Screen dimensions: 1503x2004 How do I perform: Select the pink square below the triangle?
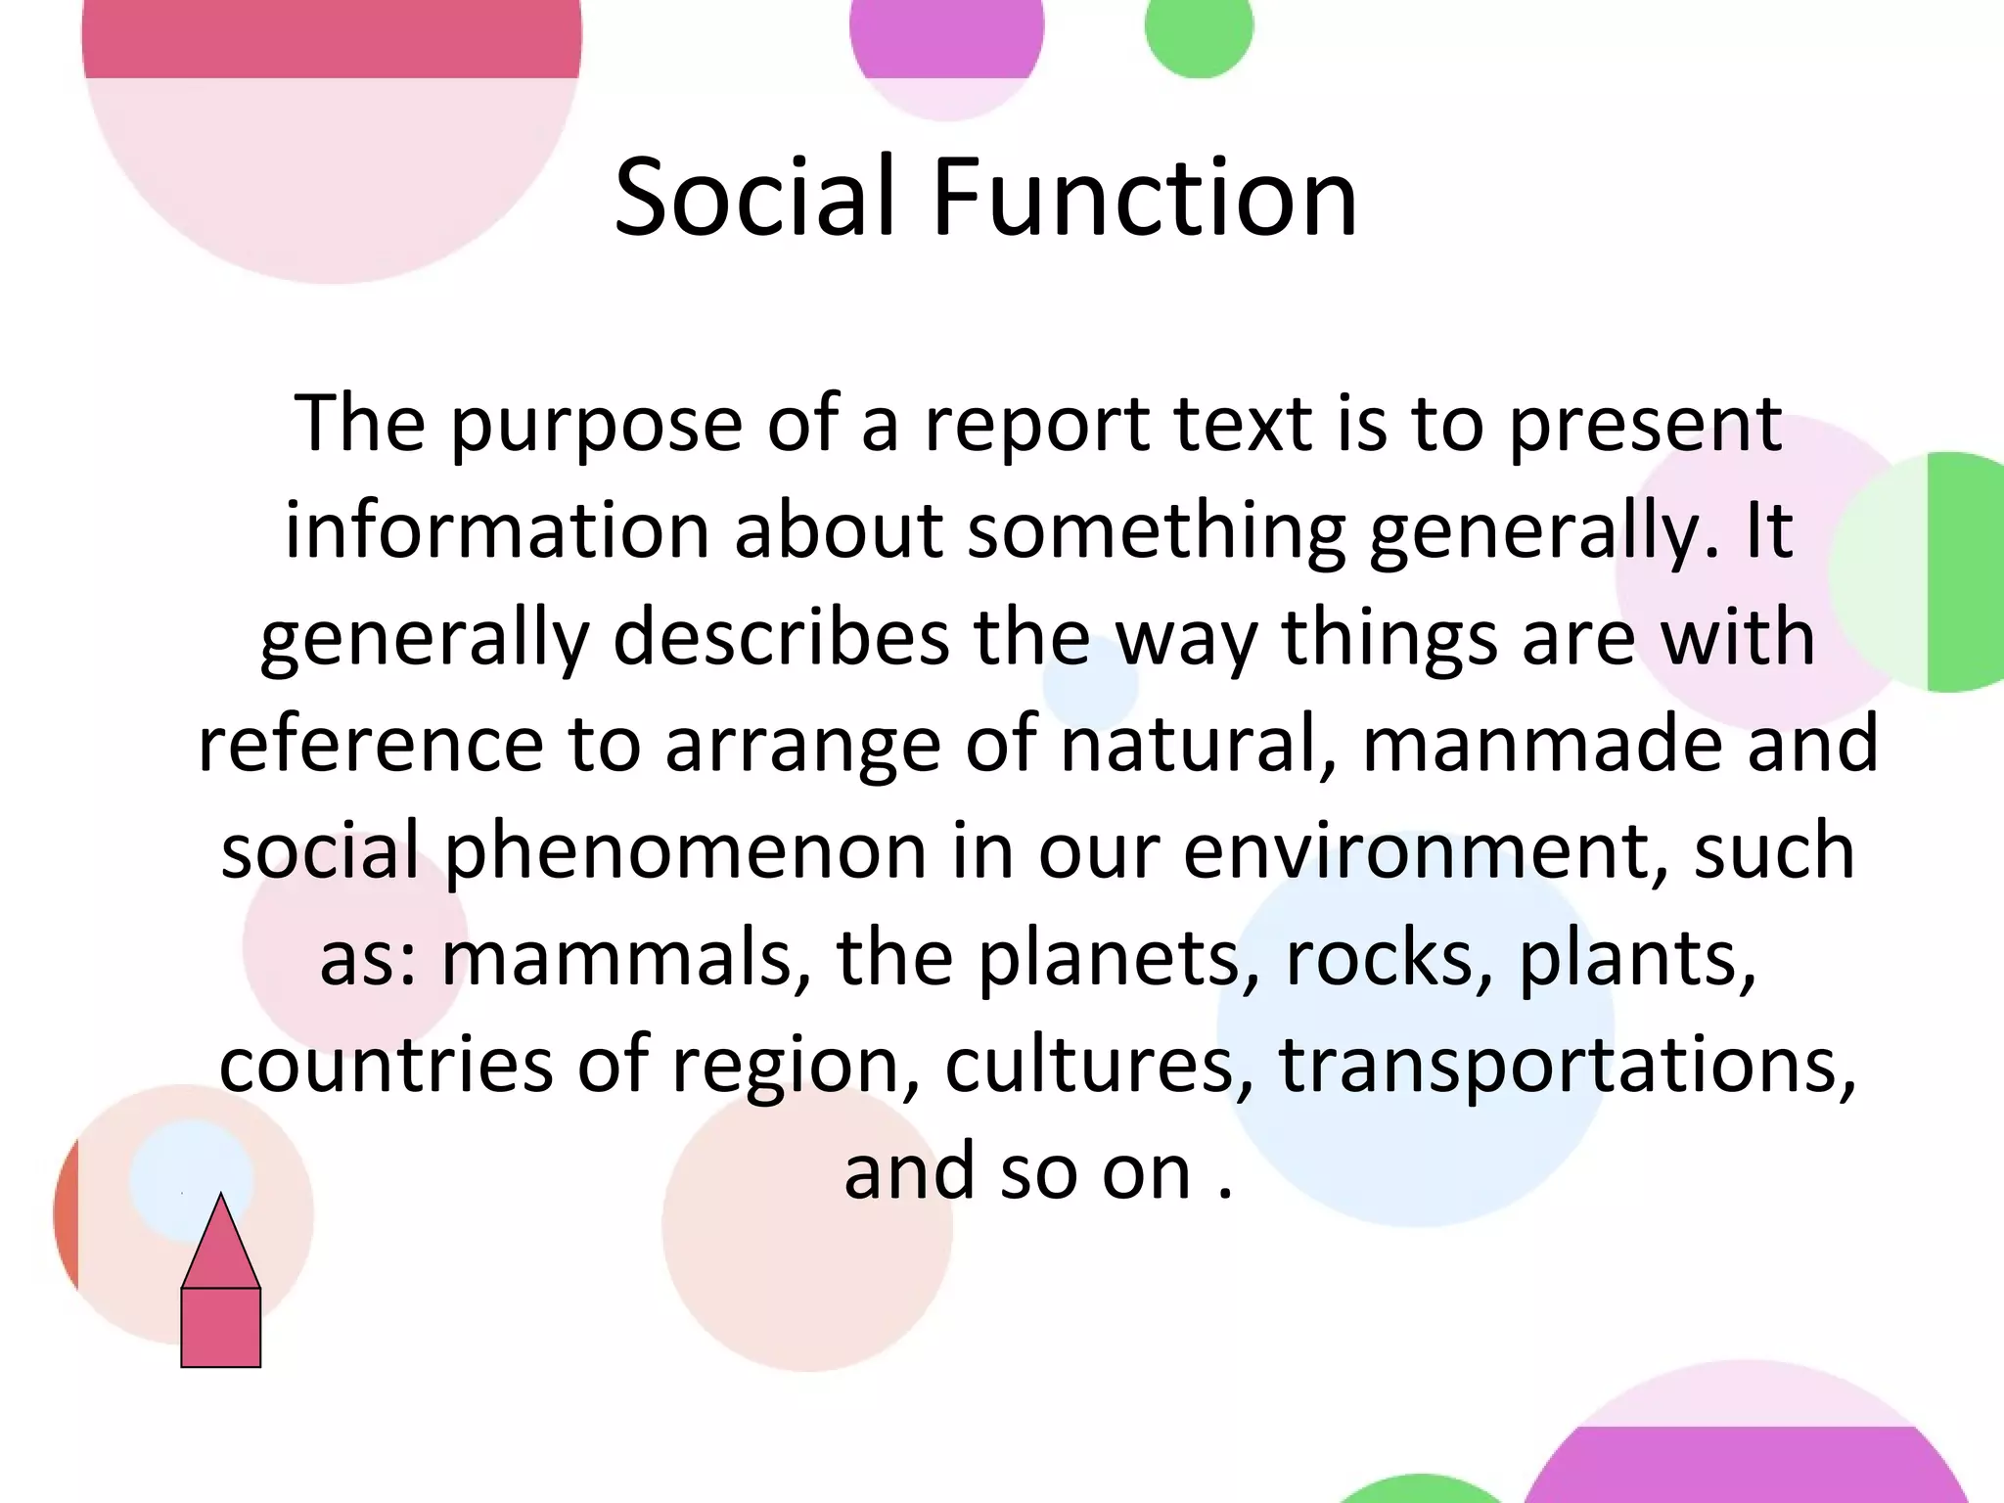[x=220, y=1327]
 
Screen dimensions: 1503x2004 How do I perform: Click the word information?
[x=496, y=531]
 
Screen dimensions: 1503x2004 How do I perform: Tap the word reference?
[x=370, y=744]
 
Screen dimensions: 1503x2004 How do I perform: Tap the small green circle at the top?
[x=1199, y=27]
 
